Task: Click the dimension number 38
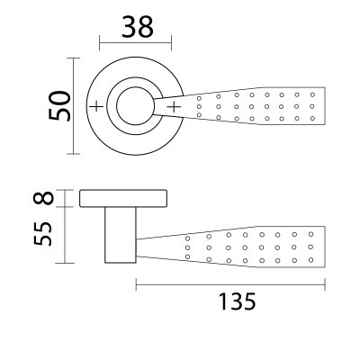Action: (x=136, y=28)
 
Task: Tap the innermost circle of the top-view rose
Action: (x=135, y=107)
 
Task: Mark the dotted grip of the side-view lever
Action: (x=256, y=246)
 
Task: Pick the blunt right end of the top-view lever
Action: (x=322, y=107)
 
